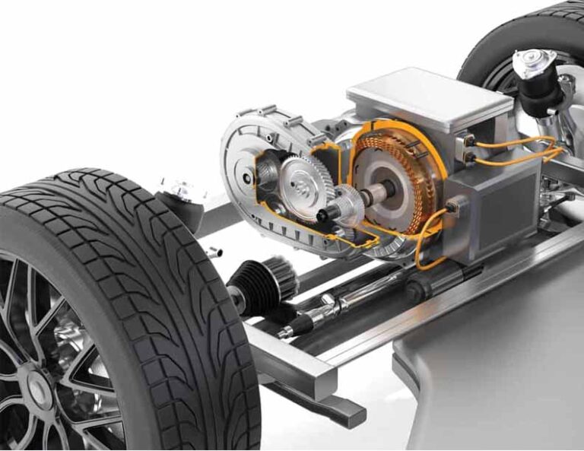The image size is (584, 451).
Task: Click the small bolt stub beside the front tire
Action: click(x=216, y=252)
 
